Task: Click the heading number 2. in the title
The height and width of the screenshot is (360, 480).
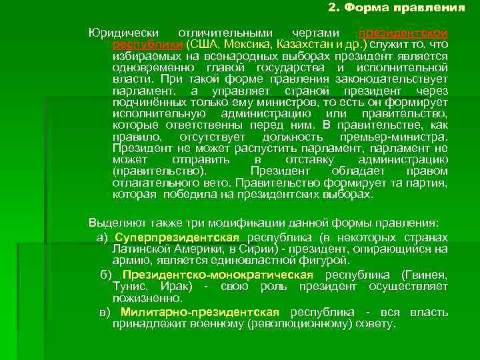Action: coord(334,8)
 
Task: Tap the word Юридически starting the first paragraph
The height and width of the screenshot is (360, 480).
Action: coord(119,33)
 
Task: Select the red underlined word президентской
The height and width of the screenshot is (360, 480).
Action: coord(403,33)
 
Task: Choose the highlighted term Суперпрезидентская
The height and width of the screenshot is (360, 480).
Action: coord(177,238)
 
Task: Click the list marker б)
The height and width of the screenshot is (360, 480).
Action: coord(107,275)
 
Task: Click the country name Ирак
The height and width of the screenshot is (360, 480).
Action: coord(176,287)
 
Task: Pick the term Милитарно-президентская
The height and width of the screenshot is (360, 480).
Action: coord(200,313)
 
